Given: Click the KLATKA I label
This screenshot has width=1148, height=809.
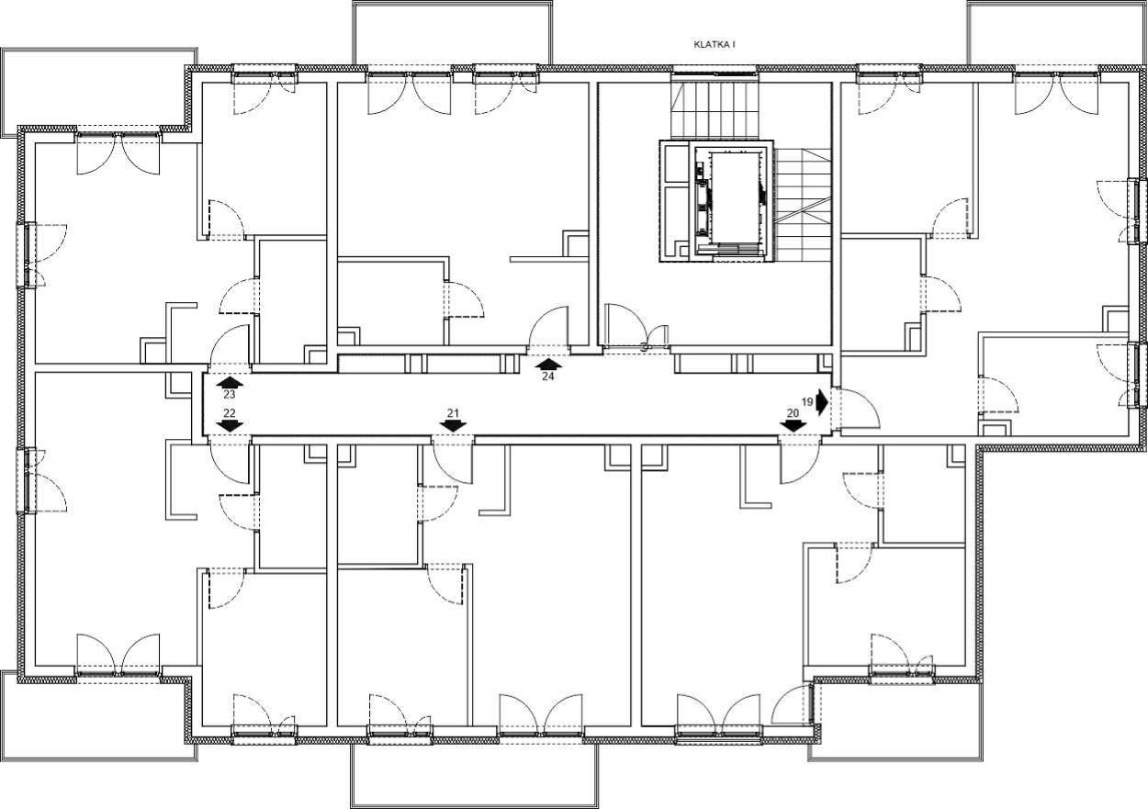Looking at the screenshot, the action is [x=715, y=45].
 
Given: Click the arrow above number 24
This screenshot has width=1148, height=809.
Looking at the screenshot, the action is [x=548, y=365].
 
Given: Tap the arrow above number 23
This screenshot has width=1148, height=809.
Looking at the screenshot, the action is [x=230, y=382].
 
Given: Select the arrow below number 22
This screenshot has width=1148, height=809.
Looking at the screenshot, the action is [x=230, y=425].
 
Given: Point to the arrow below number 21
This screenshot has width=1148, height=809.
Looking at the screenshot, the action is [x=453, y=425].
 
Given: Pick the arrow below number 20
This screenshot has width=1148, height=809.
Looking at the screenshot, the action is [x=793, y=425].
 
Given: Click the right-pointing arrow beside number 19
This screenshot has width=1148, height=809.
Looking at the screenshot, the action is [x=823, y=402].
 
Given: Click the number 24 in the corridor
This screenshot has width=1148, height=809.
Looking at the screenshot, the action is [x=548, y=376].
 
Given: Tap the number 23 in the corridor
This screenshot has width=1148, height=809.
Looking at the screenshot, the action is [x=230, y=395].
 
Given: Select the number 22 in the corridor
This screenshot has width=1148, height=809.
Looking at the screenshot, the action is [x=230, y=413].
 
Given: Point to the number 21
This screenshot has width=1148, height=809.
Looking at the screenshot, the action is [x=453, y=413].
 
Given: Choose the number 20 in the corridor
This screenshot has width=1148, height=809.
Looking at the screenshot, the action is [x=793, y=413].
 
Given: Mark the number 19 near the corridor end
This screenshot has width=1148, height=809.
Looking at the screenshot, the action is [x=807, y=402].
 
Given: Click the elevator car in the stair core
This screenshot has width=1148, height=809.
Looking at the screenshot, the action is [x=735, y=198].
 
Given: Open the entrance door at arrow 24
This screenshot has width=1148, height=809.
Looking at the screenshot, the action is [x=548, y=328].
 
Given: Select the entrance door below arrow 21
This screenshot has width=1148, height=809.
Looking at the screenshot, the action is [x=453, y=459].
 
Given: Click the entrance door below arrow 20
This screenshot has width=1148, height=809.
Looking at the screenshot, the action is [x=801, y=459].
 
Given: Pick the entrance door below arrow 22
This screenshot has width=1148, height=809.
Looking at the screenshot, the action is [x=230, y=459].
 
